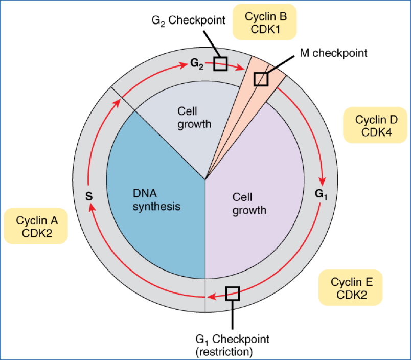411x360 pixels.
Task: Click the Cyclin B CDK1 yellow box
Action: click(x=265, y=22)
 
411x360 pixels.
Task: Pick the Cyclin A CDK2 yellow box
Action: click(x=36, y=227)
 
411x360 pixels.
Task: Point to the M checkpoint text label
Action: click(x=333, y=53)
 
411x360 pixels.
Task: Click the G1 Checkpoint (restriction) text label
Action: click(x=232, y=345)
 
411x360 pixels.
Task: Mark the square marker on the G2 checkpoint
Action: click(x=220, y=63)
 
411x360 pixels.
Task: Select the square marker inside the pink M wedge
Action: click(x=261, y=79)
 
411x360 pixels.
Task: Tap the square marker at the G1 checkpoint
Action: click(x=233, y=293)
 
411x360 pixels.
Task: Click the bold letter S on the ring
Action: click(x=88, y=195)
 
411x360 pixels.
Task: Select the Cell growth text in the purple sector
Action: click(x=249, y=203)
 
